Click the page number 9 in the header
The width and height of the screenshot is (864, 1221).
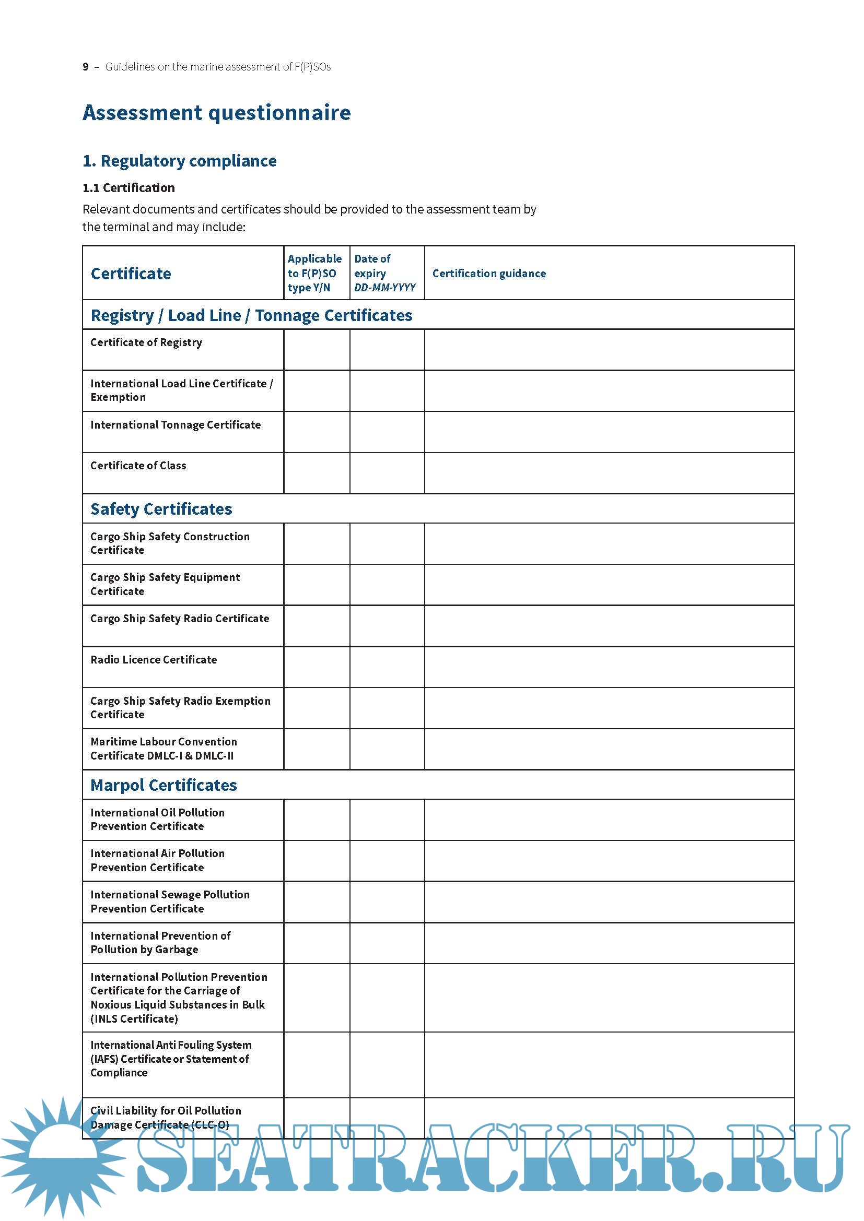tap(86, 67)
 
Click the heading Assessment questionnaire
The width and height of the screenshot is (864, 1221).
tap(217, 113)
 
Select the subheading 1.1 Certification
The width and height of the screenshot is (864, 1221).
tap(128, 188)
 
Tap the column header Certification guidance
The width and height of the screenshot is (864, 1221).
tap(488, 274)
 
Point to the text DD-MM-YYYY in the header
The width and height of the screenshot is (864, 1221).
tap(384, 288)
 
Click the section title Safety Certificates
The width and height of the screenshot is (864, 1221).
tap(161, 509)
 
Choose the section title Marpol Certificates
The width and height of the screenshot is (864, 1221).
tap(164, 785)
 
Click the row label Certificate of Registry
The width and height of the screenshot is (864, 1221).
tap(146, 342)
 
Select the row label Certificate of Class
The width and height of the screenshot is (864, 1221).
tap(138, 465)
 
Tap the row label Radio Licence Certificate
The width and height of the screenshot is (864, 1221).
tap(153, 659)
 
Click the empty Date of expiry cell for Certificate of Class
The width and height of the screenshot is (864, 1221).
tap(387, 473)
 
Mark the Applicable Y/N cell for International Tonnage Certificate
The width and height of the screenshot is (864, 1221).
tap(317, 432)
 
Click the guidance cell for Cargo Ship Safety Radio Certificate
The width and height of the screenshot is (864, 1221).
tap(609, 625)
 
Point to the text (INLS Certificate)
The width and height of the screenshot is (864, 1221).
tap(134, 1018)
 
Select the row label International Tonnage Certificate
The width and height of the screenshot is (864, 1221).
tap(175, 425)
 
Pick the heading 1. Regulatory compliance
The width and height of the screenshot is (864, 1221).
tap(179, 161)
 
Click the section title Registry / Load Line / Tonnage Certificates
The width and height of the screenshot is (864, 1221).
tap(251, 315)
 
